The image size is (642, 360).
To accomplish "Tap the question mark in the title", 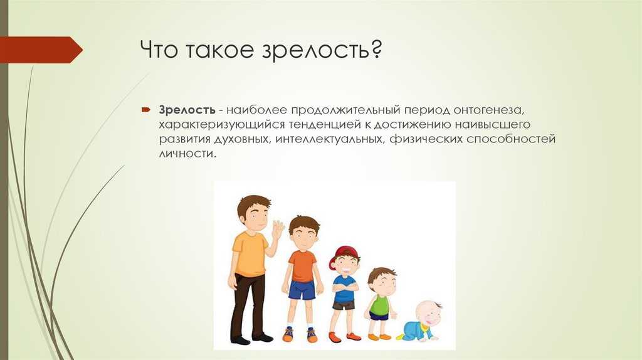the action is pos(374,49).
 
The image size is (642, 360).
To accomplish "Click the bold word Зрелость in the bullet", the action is pos(187,110).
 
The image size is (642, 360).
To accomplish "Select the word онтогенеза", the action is pos(488,110).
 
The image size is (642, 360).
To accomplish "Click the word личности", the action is pos(187,154).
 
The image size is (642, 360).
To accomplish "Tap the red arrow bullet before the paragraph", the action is pos(147,110).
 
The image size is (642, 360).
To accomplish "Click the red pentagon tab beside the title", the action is pos(41,50).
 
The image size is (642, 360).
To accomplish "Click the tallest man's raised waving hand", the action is pos(278,231).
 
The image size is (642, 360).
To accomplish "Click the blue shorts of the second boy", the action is pos(302,289).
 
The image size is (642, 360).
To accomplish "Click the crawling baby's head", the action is pos(429,314).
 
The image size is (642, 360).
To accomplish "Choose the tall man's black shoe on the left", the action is pos(240,340).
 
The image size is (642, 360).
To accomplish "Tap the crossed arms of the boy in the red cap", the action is pos(345,285).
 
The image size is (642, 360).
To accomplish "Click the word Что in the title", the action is pos(160,50).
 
